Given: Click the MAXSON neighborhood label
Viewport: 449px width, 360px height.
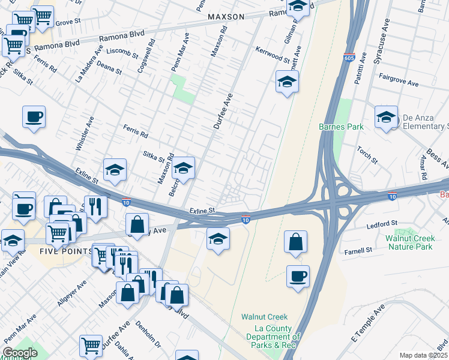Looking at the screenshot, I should (226, 17).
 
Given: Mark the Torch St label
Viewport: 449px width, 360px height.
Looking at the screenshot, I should (366, 155).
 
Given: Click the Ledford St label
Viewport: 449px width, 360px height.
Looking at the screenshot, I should (382, 224).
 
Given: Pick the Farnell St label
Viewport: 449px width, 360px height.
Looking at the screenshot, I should (358, 250).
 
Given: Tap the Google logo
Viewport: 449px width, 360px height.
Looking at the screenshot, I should (20, 353).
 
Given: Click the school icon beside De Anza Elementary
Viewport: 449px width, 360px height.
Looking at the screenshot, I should (386, 118).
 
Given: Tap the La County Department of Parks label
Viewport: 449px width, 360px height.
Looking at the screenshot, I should (273, 337).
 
